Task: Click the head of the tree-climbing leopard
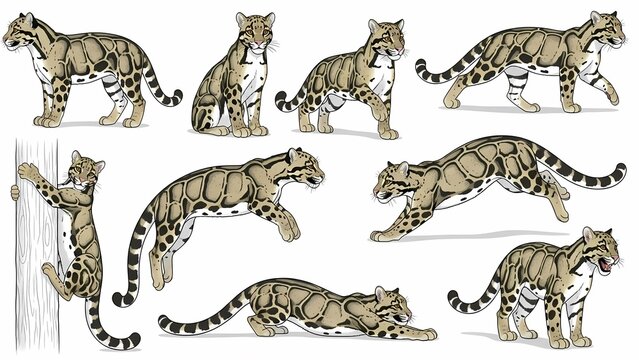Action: pos(87,172)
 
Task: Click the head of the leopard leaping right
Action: pos(305,169)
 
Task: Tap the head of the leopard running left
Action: pos(391,182)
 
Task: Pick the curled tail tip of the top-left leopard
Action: pos(177,99)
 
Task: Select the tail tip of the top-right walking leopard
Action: pos(421,70)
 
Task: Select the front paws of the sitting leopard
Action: pos(250,130)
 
